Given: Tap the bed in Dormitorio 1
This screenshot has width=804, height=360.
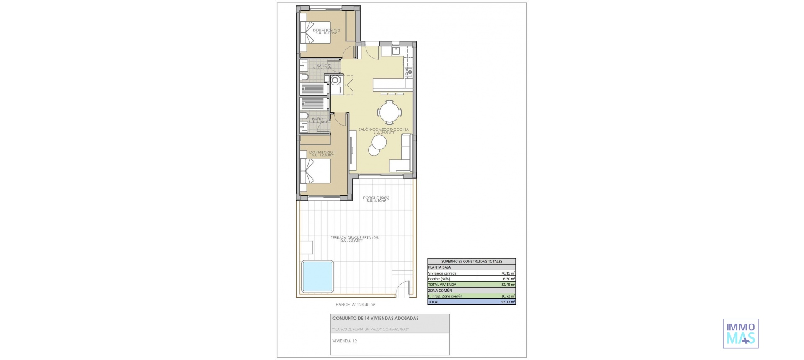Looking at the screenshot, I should click(315, 171).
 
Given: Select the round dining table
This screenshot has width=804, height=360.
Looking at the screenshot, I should click(389, 112).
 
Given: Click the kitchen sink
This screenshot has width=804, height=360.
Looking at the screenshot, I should click(396, 51).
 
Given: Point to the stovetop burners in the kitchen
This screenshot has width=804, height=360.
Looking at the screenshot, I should click(409, 72).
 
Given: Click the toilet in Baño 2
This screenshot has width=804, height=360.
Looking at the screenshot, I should click(304, 77).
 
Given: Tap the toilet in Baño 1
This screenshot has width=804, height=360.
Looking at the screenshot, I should click(304, 116).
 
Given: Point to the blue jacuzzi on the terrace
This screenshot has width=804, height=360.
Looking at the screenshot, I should click(318, 276).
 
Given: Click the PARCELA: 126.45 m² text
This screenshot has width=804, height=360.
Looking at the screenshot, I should click(355, 305).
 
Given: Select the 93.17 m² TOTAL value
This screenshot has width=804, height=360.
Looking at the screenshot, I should click(508, 302).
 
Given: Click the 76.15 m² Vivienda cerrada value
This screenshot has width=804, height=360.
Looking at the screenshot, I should click(508, 273).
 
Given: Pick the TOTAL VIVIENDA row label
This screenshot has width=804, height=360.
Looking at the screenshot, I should click(442, 285).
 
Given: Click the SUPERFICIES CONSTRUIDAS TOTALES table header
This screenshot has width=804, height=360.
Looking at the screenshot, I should click(472, 261).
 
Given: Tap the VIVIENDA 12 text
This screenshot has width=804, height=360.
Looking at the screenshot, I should click(345, 341).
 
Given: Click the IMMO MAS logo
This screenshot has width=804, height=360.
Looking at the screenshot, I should click(740, 334).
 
